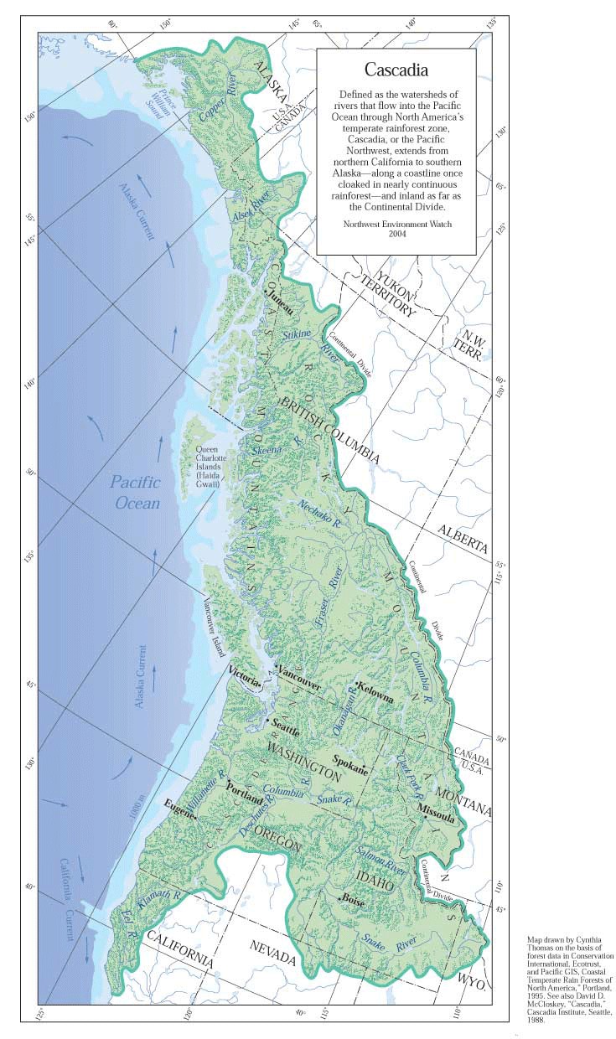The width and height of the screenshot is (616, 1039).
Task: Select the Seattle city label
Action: click(x=286, y=727)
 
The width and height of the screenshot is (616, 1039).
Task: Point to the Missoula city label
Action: click(x=436, y=812)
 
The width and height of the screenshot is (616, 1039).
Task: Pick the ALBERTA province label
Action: click(x=463, y=538)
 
